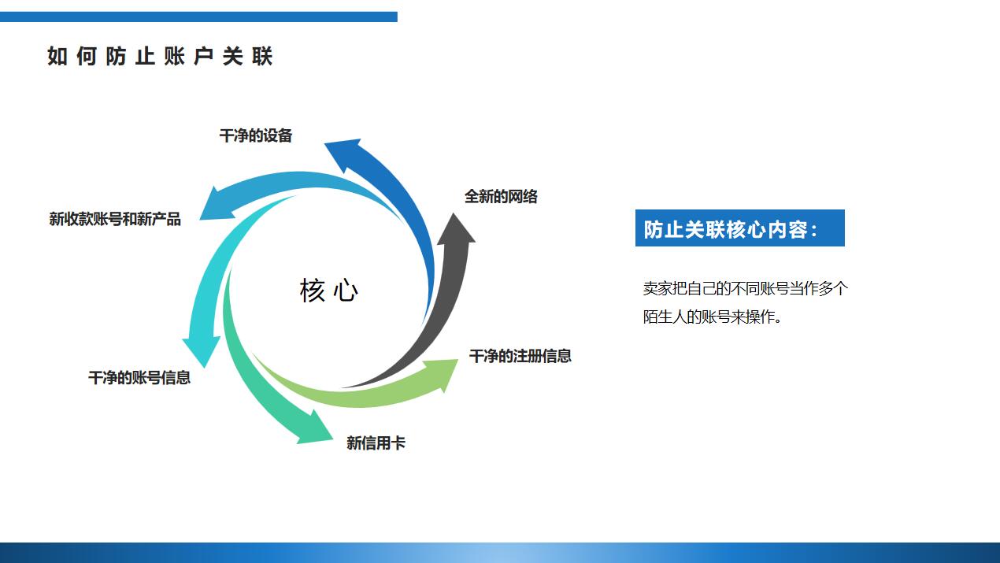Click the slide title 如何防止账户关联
tap(160, 57)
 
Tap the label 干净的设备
tap(256, 136)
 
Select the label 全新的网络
tap(501, 197)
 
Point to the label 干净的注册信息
tap(520, 356)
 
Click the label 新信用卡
tap(376, 443)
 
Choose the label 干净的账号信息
tap(139, 378)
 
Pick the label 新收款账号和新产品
tap(115, 220)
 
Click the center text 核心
tap(329, 291)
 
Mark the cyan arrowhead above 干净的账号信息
tap(202, 349)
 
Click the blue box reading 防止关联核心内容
tap(739, 228)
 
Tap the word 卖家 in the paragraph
tap(656, 289)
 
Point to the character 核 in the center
tap(313, 291)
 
